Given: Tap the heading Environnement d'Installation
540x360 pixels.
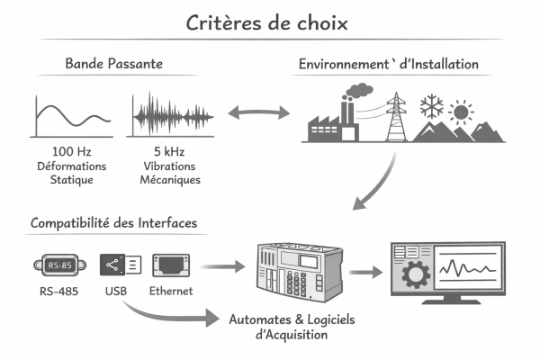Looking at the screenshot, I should (x=388, y=65).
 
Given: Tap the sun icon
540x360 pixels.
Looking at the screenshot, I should (x=463, y=114).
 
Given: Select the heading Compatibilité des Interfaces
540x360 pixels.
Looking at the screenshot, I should (x=113, y=221).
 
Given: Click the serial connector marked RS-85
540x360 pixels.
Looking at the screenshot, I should (x=59, y=265).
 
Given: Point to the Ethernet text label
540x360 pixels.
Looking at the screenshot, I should (x=171, y=292).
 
